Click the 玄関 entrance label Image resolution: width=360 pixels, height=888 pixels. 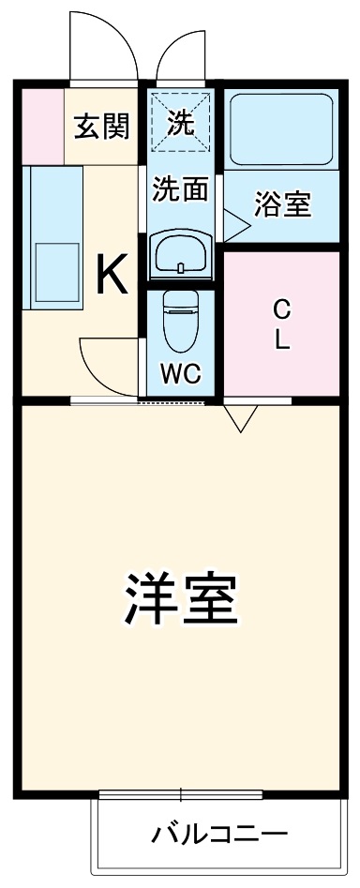tap(102, 125)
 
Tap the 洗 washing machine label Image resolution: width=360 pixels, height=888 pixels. tap(181, 123)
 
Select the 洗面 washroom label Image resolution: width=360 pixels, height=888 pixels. tap(181, 190)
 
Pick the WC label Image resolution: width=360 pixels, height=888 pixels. tap(179, 372)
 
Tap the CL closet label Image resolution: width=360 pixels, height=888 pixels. tap(281, 324)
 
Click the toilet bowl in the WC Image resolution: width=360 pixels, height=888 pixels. tap(179, 319)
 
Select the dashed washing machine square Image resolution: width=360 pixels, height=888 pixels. tap(182, 120)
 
